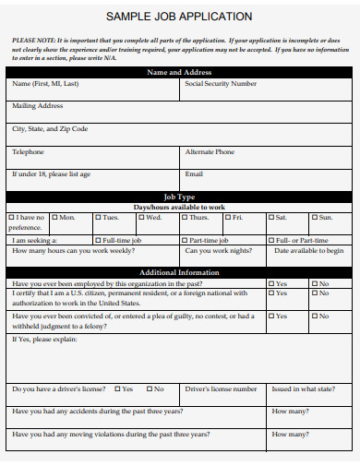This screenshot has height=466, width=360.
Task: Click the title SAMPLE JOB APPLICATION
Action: (179, 17)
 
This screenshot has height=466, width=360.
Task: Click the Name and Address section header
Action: (179, 72)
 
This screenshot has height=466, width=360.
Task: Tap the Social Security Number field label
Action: (221, 84)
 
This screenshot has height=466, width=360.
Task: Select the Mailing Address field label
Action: (37, 106)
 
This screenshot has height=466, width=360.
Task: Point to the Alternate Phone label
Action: (210, 151)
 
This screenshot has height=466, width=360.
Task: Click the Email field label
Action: (194, 173)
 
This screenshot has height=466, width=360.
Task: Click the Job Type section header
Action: (179, 197)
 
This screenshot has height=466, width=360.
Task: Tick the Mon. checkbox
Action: (54, 218)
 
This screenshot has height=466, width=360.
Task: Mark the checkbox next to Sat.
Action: (271, 218)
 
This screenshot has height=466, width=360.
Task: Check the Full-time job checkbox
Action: (97, 240)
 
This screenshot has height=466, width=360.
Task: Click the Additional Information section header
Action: (179, 273)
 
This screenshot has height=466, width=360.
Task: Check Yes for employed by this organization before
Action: (271, 284)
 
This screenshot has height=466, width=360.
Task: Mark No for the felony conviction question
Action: (315, 317)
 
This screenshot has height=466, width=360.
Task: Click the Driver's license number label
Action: (221, 389)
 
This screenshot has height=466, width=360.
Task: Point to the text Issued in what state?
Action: (304, 389)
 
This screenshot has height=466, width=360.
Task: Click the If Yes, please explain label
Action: (44, 339)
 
